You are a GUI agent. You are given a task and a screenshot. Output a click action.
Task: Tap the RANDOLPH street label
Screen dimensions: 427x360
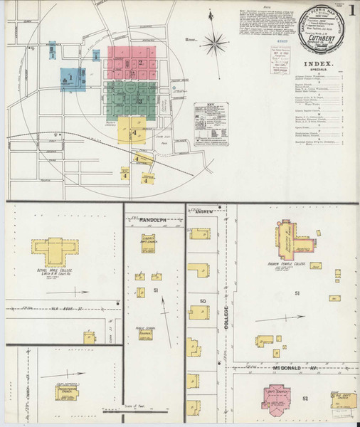[152, 221]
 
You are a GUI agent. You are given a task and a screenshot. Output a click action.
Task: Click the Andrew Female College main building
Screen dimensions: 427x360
[291, 237]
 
